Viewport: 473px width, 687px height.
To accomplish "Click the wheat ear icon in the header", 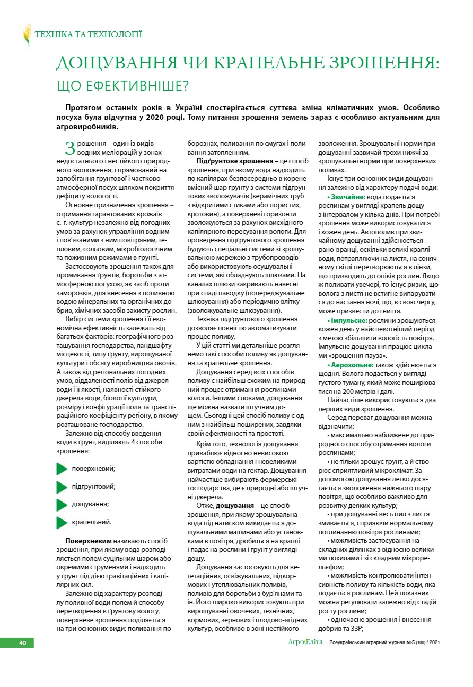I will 27,35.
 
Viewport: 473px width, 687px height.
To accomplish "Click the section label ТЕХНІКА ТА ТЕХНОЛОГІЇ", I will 89,35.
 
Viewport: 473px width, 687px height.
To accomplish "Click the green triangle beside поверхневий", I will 62,468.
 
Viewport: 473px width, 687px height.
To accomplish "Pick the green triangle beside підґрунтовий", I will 62,486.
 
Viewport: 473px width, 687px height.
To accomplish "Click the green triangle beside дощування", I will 62,504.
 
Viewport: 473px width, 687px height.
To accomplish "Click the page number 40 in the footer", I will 23,643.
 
